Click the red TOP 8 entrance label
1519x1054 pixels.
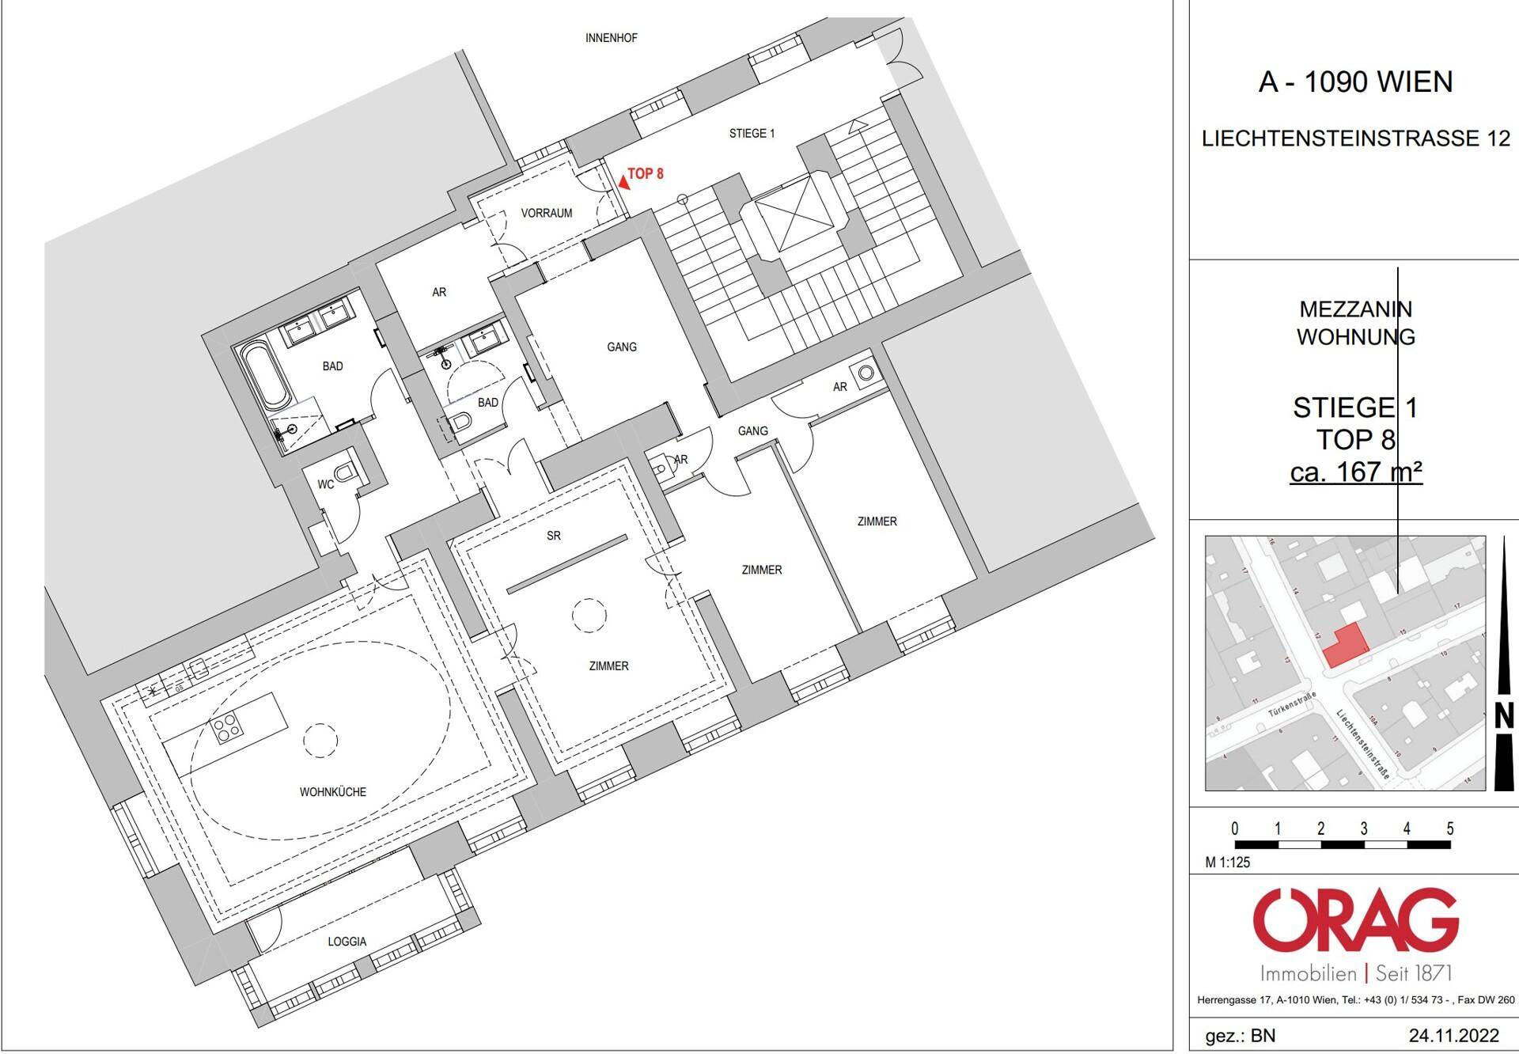click(x=646, y=173)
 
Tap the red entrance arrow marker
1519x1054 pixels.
click(x=624, y=180)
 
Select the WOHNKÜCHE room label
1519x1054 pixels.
click(x=332, y=791)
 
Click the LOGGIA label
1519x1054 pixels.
click(x=347, y=942)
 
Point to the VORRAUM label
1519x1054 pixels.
click(x=546, y=213)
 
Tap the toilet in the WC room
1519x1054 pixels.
click(x=346, y=473)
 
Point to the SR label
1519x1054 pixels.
click(x=553, y=536)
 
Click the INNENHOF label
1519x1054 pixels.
click(x=611, y=38)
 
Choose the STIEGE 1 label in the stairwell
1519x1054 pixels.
click(x=752, y=134)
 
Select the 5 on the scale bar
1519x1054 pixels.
click(x=1449, y=829)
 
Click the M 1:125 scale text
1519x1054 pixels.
click(x=1228, y=863)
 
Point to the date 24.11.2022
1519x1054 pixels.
click(x=1453, y=1036)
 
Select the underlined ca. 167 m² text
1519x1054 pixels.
click(x=1355, y=472)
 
